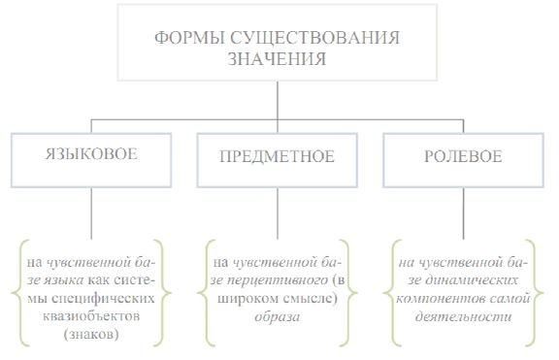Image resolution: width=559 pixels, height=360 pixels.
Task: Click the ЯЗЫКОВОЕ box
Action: tap(92, 158)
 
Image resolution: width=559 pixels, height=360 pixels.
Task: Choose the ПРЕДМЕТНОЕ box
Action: tap(279, 158)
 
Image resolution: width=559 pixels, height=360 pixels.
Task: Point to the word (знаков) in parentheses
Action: tap(93, 336)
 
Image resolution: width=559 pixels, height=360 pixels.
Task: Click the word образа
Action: tap(279, 317)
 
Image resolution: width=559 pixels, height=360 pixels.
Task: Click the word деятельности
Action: tap(465, 317)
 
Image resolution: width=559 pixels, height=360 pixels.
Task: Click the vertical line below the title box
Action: tap(279, 101)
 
